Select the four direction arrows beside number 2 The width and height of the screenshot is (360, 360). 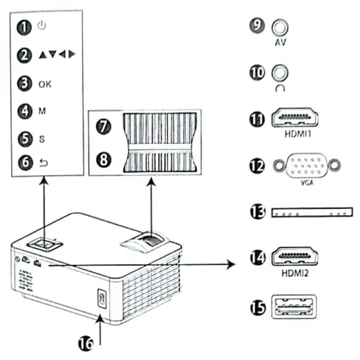57,55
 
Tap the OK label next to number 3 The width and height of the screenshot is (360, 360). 45,84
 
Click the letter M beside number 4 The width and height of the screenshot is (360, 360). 42,111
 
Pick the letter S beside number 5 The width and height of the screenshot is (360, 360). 41,140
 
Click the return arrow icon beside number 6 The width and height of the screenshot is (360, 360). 42,162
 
